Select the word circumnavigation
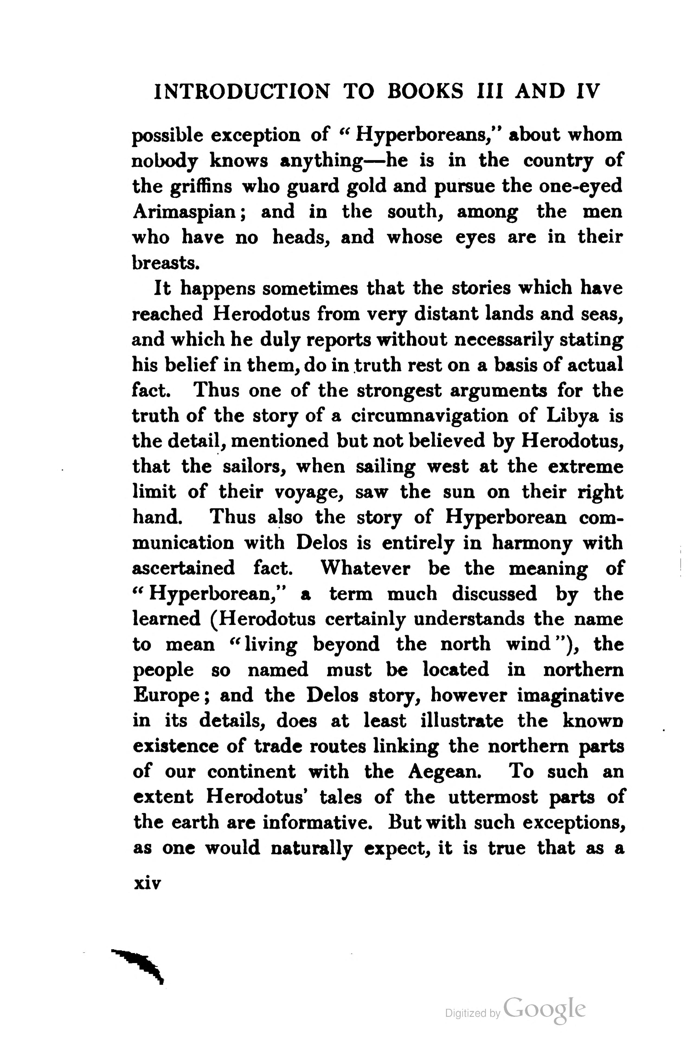pyautogui.click(x=429, y=416)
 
